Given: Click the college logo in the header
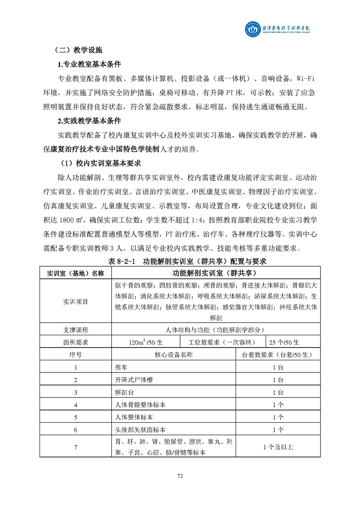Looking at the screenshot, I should pyautogui.click(x=252, y=28).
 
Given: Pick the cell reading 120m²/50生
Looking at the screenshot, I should pyautogui.click(x=145, y=342).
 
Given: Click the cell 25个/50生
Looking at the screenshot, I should pyautogui.click(x=284, y=342).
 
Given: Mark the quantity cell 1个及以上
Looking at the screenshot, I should pyautogui.click(x=278, y=447).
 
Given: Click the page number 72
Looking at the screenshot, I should pyautogui.click(x=180, y=476).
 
